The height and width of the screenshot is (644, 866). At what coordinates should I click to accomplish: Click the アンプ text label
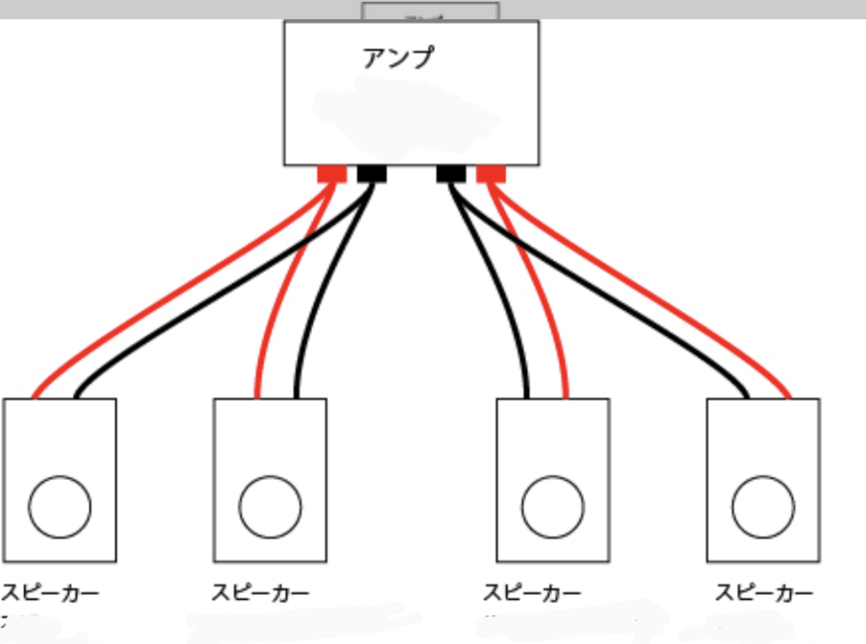pyautogui.click(x=396, y=58)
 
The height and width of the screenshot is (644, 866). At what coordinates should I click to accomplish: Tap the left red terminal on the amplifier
pyautogui.click(x=331, y=173)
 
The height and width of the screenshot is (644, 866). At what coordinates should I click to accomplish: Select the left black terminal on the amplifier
pyautogui.click(x=371, y=173)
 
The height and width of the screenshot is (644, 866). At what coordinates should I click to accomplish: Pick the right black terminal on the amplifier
pyautogui.click(x=451, y=173)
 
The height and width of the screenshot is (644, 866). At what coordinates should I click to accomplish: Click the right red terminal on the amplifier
pyautogui.click(x=491, y=173)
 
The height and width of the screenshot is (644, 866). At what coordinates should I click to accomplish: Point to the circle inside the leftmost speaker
pyautogui.click(x=60, y=507)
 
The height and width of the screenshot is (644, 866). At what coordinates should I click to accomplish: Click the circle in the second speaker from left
pyautogui.click(x=270, y=507)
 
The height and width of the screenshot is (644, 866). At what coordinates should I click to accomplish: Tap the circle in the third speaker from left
pyautogui.click(x=552, y=507)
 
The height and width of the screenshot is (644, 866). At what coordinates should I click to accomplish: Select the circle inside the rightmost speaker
pyautogui.click(x=763, y=507)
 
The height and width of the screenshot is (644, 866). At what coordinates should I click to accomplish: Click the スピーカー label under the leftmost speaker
pyautogui.click(x=50, y=594)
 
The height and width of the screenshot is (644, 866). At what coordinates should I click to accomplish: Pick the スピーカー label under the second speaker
pyautogui.click(x=260, y=594)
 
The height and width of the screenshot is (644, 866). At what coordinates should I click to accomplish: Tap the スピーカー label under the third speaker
pyautogui.click(x=531, y=594)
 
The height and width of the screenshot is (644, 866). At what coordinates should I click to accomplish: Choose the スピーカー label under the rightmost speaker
pyautogui.click(x=764, y=594)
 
